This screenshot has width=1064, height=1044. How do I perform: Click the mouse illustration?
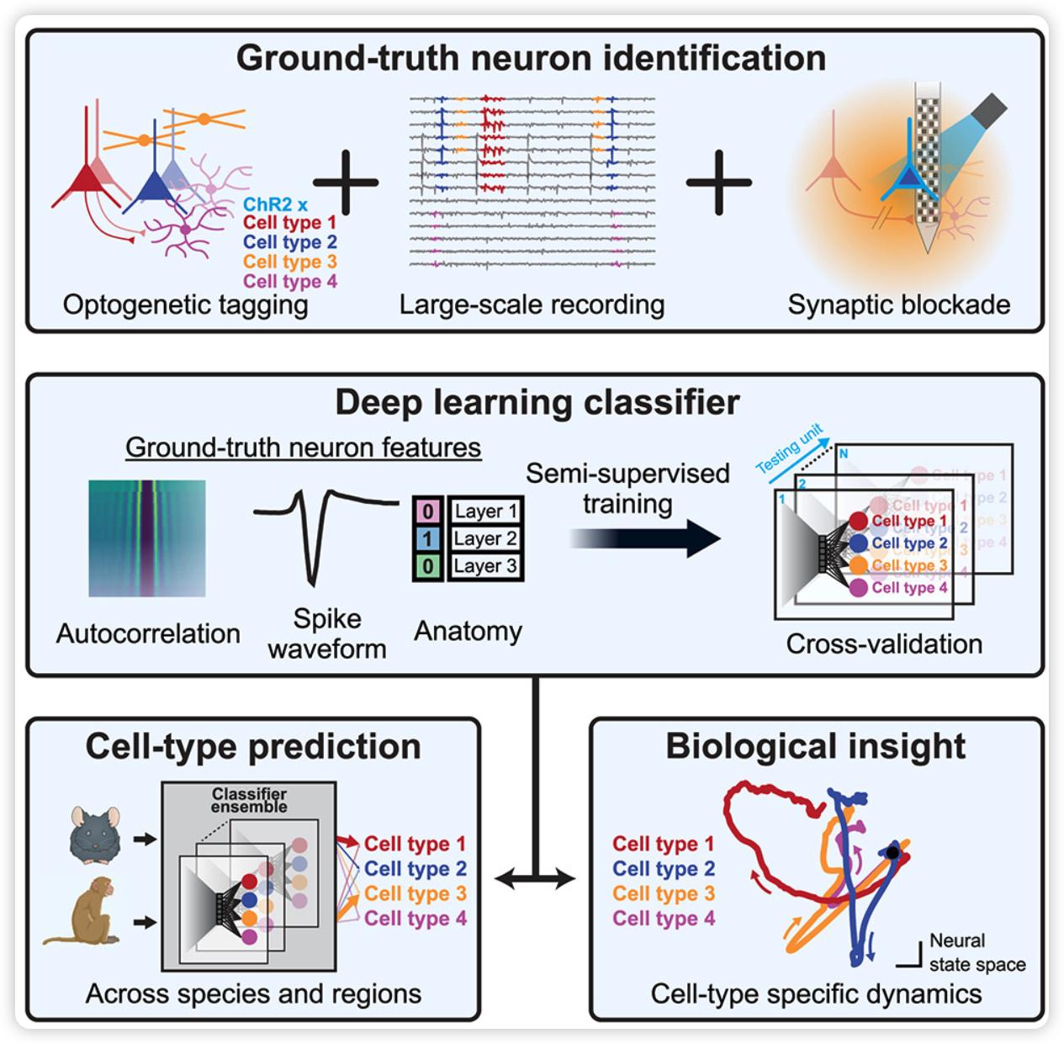95,836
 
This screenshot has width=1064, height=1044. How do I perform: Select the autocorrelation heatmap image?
147,538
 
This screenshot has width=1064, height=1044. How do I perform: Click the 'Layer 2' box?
485,538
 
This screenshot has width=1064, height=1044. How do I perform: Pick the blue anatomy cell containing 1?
427,538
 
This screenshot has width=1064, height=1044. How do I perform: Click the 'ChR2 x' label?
275,204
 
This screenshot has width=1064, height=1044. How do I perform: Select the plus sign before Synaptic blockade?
718,183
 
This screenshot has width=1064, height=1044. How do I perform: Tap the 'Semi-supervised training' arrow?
644,538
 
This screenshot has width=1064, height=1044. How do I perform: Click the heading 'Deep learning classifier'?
537,402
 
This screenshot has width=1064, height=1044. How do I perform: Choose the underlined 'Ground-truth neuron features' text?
303,448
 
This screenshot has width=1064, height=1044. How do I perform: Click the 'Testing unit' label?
789,449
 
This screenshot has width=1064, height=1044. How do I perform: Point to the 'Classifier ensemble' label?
249,800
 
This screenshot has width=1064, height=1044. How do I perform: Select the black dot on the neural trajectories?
892,852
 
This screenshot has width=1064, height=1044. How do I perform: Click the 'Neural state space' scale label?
977,952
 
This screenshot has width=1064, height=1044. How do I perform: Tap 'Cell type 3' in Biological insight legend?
664,893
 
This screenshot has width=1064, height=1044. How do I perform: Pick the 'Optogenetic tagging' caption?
185,305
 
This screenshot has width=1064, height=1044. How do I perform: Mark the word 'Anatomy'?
468,631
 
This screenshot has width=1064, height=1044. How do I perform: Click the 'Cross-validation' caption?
884,644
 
